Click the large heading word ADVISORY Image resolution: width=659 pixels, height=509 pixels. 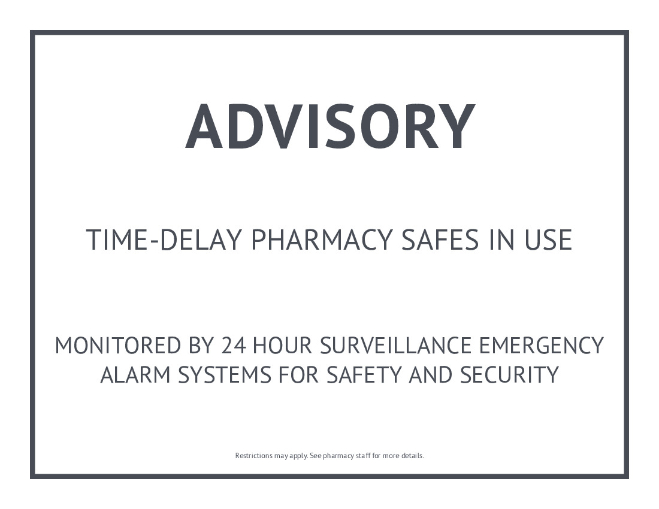tap(330, 126)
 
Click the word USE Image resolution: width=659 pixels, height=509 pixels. tap(548, 240)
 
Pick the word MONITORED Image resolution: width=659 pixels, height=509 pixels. tap(117, 345)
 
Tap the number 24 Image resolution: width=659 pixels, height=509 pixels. tap(234, 345)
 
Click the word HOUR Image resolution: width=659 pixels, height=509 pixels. tap(282, 345)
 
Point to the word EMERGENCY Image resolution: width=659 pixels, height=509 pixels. tap(542, 345)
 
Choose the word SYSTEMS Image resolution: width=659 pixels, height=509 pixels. tap(225, 375)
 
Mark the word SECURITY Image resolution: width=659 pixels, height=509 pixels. tap(509, 375)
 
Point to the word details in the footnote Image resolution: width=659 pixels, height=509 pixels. tap(413, 456)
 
